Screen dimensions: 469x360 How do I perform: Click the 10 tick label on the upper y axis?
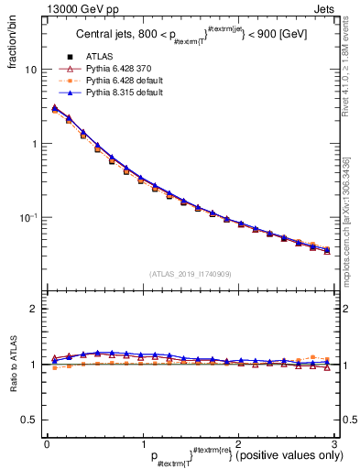point(30,71)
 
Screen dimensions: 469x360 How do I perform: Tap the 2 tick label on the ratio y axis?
point(34,309)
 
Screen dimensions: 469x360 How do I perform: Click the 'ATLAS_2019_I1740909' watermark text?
point(189,274)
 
